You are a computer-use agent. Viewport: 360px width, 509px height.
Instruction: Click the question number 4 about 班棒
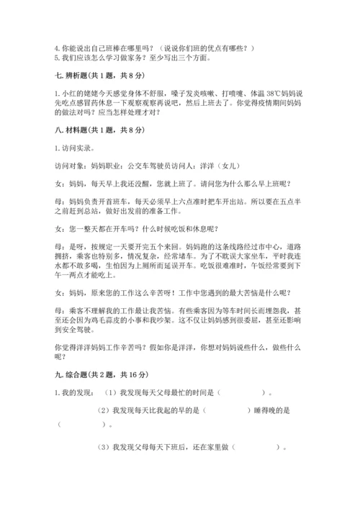pos(57,48)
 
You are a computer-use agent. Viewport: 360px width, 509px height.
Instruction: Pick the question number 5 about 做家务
pos(57,58)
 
